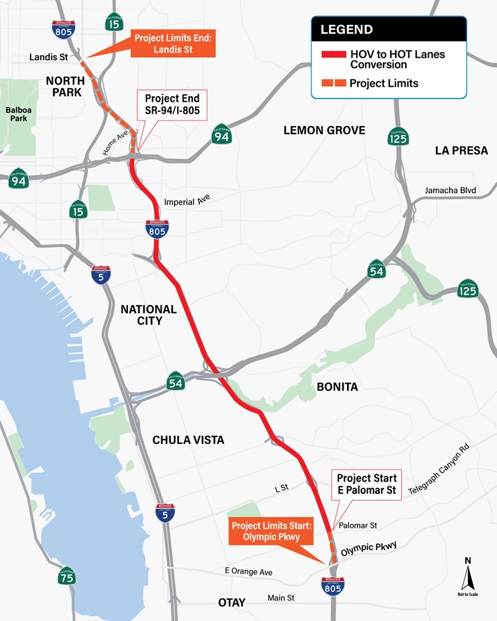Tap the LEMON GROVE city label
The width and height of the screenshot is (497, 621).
click(x=324, y=130)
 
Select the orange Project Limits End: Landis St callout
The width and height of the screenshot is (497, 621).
click(x=173, y=45)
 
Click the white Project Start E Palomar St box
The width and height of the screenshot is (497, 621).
click(x=366, y=484)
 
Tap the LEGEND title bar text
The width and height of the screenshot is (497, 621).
click(x=347, y=29)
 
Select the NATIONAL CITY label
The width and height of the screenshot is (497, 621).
click(x=148, y=314)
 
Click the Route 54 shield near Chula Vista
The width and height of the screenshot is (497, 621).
click(x=175, y=381)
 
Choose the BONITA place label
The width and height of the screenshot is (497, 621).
click(x=337, y=387)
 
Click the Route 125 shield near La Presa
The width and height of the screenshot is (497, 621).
click(x=398, y=136)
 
